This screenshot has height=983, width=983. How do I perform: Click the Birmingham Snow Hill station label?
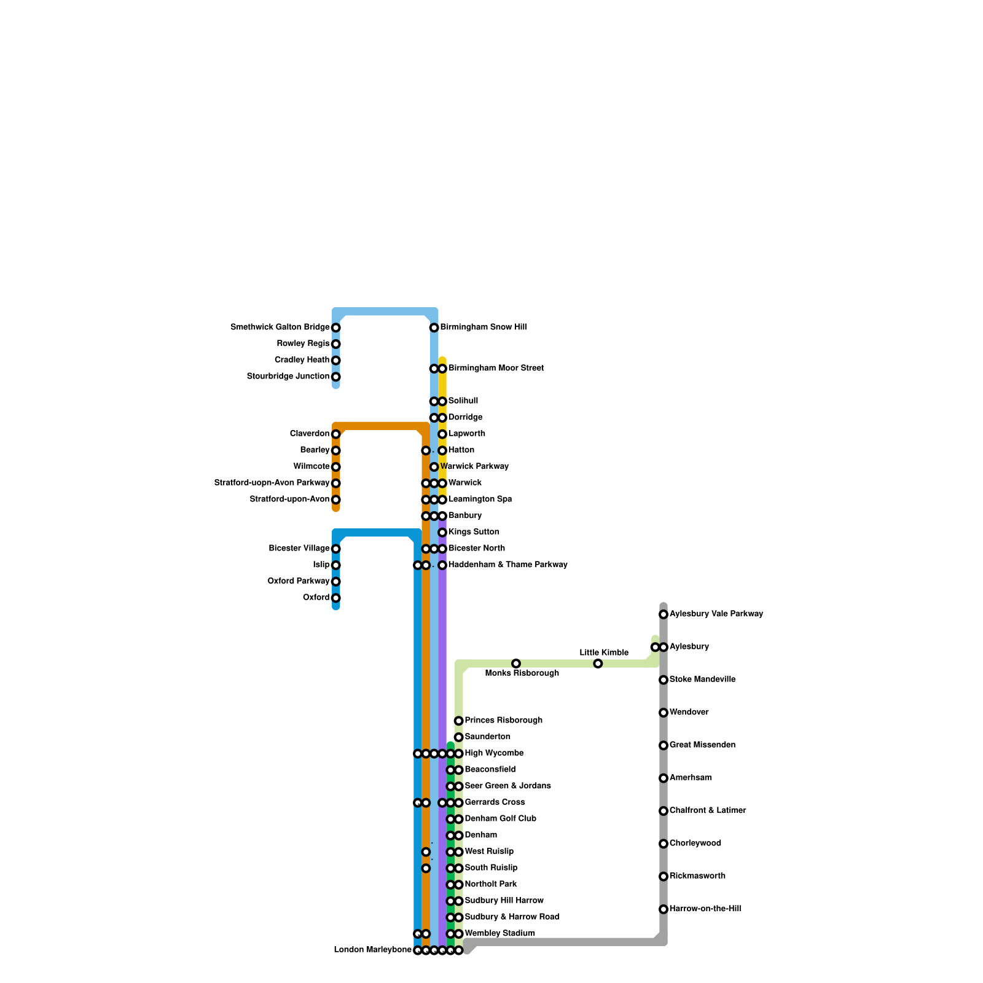tap(483, 327)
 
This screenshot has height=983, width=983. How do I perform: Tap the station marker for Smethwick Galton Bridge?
tap(336, 328)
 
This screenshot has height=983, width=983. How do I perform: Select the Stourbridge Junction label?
tap(288, 377)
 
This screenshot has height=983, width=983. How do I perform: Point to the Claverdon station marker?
tap(336, 434)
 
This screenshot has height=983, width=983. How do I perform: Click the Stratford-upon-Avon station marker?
tap(336, 500)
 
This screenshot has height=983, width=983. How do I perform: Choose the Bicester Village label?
tap(299, 549)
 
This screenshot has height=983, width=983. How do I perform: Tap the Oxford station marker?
tap(336, 598)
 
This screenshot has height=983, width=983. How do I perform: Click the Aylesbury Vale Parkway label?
tap(716, 614)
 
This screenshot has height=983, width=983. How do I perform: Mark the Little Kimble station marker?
tap(598, 664)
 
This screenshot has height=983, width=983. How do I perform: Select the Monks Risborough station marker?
tap(516, 664)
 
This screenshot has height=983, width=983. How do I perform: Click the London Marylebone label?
tap(372, 950)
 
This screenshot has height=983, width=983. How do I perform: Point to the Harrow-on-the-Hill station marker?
tap(664, 909)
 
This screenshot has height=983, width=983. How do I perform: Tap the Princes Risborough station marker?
tap(459, 721)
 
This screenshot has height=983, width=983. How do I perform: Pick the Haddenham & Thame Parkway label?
tap(507, 565)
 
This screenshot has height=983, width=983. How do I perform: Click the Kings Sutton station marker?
tap(442, 533)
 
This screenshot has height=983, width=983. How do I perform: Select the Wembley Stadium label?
tap(499, 933)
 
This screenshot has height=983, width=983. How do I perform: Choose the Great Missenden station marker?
tap(664, 745)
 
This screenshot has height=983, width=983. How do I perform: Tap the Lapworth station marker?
tap(442, 434)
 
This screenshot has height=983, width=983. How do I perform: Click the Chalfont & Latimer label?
tap(708, 810)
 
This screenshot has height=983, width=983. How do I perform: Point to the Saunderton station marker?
tap(459, 737)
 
